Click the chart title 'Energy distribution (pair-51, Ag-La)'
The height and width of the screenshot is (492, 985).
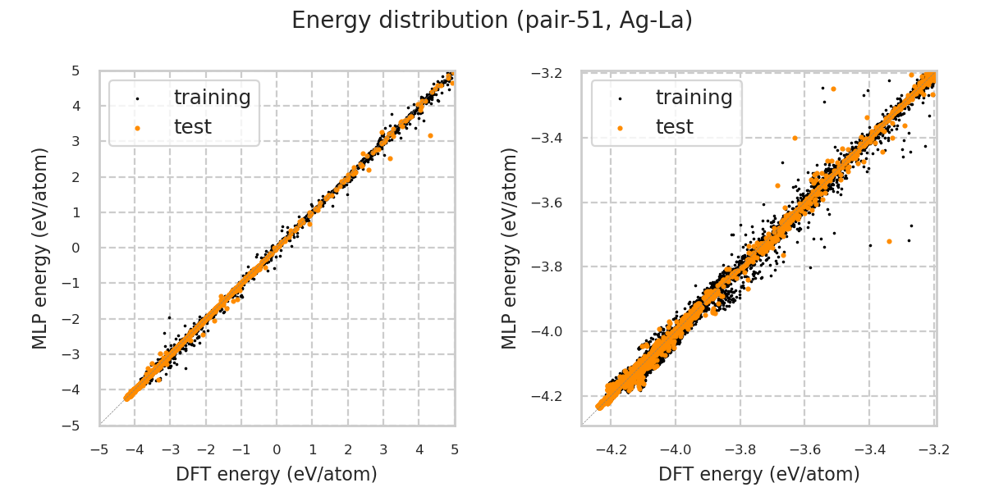point(492,20)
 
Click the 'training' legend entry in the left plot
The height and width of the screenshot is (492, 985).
point(212,98)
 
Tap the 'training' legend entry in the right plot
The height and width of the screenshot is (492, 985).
point(694,98)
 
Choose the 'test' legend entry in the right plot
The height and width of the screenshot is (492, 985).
point(674,127)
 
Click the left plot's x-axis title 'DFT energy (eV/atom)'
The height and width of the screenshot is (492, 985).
point(277,474)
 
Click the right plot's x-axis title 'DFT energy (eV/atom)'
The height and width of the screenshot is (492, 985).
point(759,474)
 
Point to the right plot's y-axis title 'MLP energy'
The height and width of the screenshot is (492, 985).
point(511,248)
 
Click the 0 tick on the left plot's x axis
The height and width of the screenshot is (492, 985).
point(277,449)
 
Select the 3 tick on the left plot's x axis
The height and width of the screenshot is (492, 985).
point(383,449)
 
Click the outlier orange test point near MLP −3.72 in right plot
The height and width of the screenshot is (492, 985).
point(889,241)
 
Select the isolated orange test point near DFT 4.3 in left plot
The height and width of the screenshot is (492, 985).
point(430,135)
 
